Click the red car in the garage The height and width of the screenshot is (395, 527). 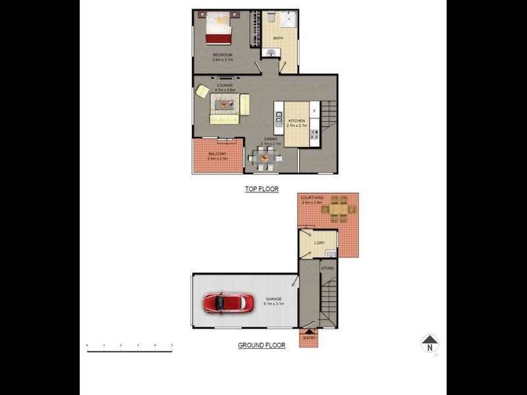tap(228, 303)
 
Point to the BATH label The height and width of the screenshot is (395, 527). tap(278, 38)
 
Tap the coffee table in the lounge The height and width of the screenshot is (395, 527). tap(226, 104)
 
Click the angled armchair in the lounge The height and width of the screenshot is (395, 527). tap(203, 92)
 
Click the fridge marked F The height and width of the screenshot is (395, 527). tap(314, 110)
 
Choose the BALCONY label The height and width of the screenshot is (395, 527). tap(217, 154)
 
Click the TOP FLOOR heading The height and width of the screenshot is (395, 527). tap(262, 189)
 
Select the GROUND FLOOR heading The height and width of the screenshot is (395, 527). tap(262, 345)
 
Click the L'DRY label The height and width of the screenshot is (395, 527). tap(319, 243)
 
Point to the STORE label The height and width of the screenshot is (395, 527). tap(327, 268)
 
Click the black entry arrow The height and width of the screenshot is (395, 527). tap(309, 332)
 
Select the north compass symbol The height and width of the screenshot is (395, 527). tap(430, 343)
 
